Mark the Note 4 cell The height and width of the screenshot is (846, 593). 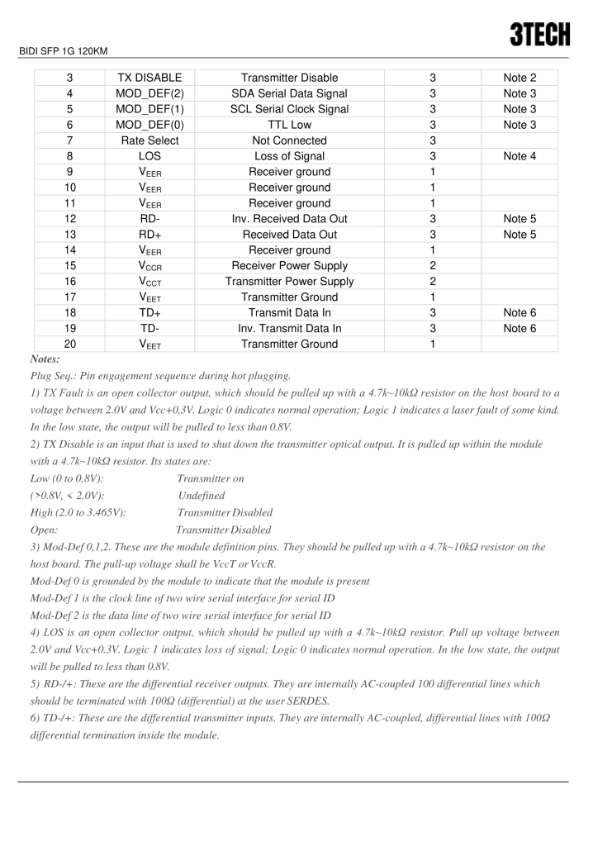[x=519, y=156]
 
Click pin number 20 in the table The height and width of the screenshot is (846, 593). [x=70, y=345]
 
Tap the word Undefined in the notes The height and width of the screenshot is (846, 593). [x=202, y=494]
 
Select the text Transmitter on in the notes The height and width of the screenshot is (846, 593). [x=211, y=478]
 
